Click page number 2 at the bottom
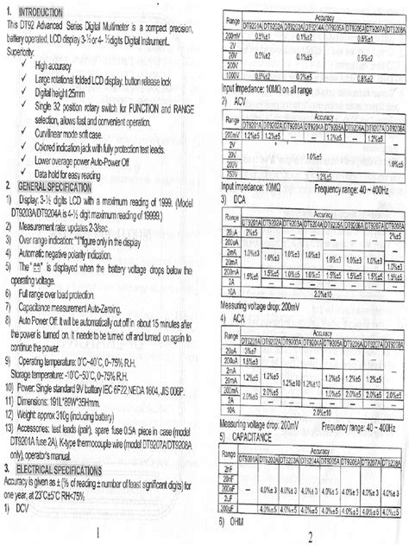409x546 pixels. pyautogui.click(x=308, y=536)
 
